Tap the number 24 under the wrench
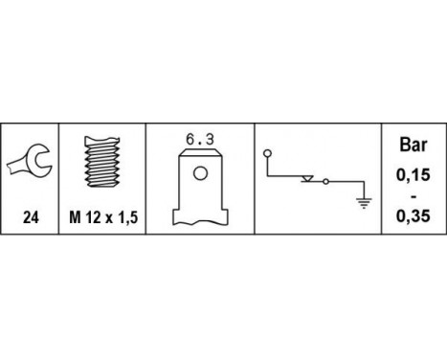[x=30, y=218]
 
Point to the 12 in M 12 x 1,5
[x=93, y=218]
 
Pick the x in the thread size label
[x=108, y=218]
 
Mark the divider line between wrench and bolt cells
[x=59, y=183]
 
